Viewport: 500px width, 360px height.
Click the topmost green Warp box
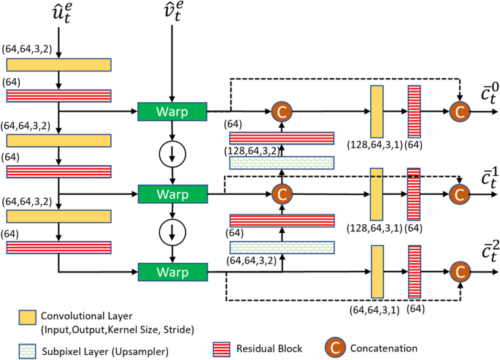click(172, 112)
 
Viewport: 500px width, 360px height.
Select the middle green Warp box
click(172, 194)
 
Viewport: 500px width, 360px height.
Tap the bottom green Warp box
click(172, 272)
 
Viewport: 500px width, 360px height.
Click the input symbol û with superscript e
click(62, 13)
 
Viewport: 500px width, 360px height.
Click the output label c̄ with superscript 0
click(490, 93)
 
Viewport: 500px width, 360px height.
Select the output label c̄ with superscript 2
click(490, 251)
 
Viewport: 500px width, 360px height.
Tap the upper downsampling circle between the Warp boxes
click(172, 154)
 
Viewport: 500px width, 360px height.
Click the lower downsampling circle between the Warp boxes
click(172, 233)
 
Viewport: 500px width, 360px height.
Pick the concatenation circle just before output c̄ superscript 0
click(460, 112)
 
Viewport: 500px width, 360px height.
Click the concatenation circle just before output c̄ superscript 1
click(459, 194)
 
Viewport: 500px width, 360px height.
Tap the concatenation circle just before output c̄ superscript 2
click(460, 272)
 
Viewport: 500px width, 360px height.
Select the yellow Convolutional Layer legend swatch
click(27, 318)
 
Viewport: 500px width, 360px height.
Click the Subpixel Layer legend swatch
click(27, 351)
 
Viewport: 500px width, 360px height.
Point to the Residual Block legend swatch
click(221, 350)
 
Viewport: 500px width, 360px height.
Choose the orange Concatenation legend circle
click(335, 348)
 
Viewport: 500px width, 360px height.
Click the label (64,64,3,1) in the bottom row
click(374, 310)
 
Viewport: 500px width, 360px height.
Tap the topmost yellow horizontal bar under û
click(58, 65)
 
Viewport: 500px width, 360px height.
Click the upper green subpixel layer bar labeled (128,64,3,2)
click(282, 163)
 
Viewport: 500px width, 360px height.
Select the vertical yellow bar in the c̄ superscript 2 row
click(377, 272)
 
